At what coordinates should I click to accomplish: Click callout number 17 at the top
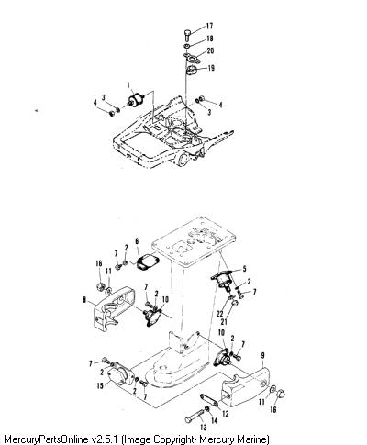pos(209,26)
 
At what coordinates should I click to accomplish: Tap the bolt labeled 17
pos(187,35)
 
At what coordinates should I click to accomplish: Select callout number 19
pos(211,68)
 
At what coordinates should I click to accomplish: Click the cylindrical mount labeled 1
pos(137,100)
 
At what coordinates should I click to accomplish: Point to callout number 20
pos(210,50)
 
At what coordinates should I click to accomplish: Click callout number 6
pos(137,242)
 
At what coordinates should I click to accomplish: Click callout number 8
pos(84,300)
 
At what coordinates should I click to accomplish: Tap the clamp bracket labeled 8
pos(114,307)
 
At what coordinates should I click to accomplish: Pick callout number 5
pos(244,269)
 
